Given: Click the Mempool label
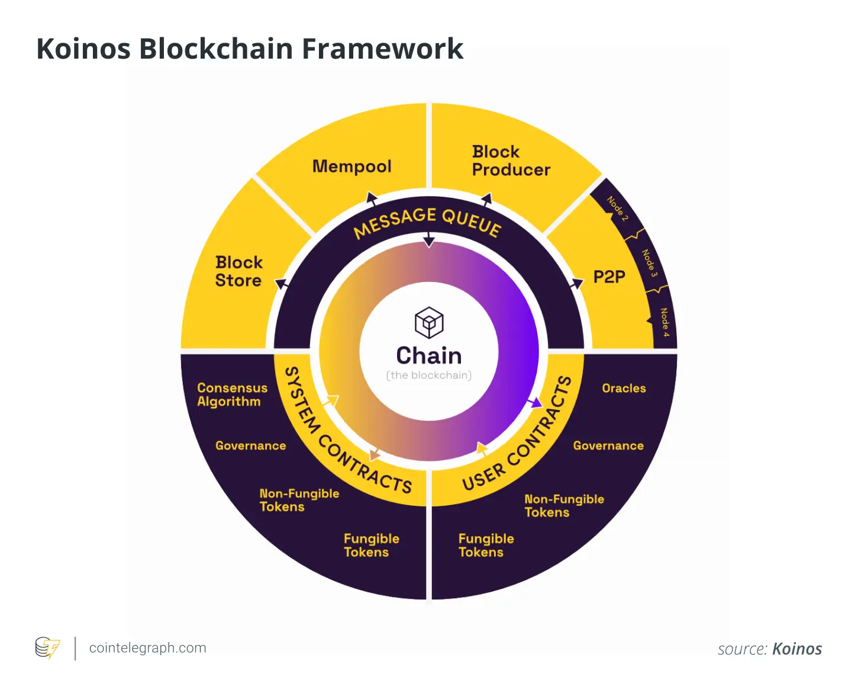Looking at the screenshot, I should tap(352, 166).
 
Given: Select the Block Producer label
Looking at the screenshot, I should tap(511, 161).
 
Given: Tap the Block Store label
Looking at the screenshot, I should tap(238, 271).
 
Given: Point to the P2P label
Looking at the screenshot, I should tap(609, 277).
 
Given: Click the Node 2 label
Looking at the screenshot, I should tap(617, 209).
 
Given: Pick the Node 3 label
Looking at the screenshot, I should tap(650, 262).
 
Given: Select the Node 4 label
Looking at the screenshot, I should tap(665, 322).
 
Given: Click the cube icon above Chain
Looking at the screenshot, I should tap(429, 322).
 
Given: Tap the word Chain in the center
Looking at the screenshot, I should tap(429, 355).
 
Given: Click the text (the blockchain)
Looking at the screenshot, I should tap(429, 375).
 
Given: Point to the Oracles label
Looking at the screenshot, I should tap(624, 389).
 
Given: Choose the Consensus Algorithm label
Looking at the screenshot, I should tap(232, 394).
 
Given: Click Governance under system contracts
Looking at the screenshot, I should tap(250, 445).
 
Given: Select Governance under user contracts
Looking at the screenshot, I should tap(608, 445).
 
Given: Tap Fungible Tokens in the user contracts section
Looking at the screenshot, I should tap(486, 546).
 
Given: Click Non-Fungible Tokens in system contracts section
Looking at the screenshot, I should tap(299, 500).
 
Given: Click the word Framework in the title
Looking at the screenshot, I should tap(383, 49).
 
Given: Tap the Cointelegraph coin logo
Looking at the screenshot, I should tap(47, 647).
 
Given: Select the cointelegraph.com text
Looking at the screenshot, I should tap(147, 648).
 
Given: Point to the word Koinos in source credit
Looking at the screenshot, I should tap(797, 649).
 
